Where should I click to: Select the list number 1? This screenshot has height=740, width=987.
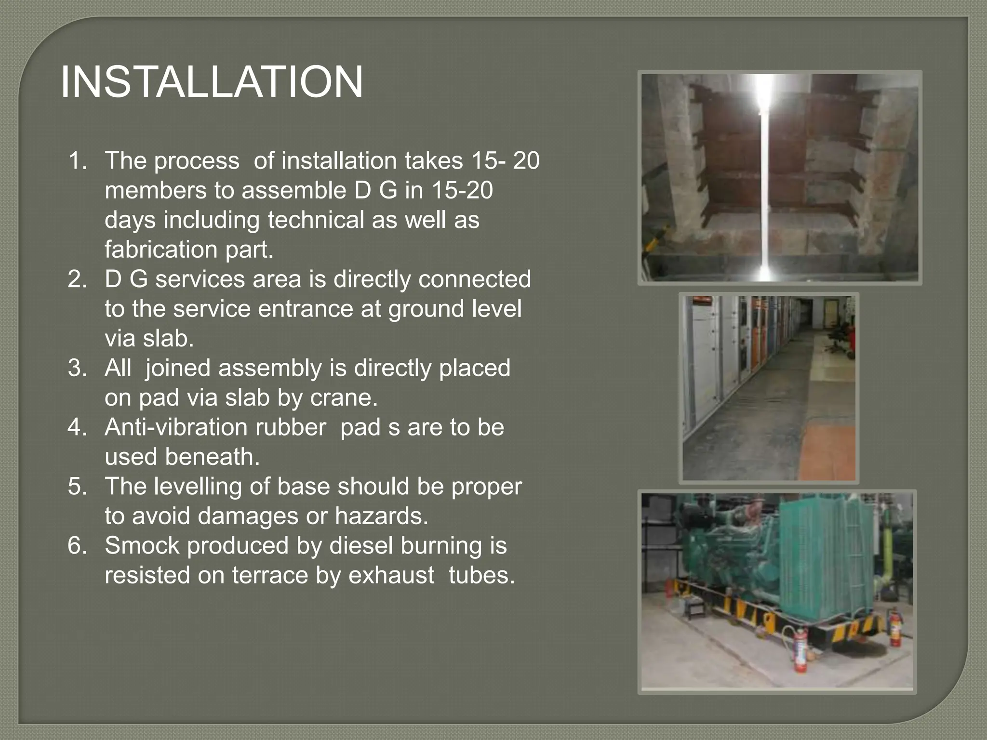[x=78, y=160]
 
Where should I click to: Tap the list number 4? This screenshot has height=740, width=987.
[x=78, y=427]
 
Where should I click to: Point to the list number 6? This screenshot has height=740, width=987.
[x=78, y=546]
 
